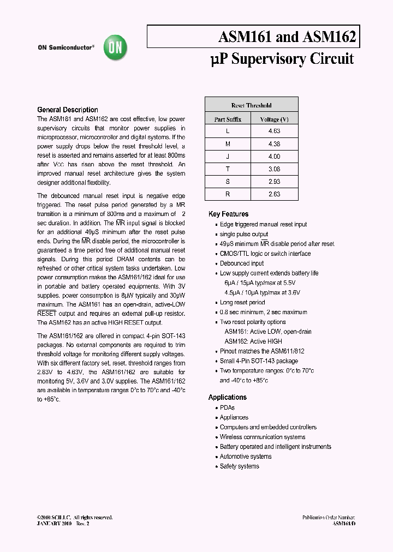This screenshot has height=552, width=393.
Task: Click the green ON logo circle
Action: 116,48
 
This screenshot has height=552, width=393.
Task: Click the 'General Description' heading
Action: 68,110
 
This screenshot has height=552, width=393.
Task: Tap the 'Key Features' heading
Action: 228,214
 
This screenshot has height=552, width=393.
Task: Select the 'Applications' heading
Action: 228,398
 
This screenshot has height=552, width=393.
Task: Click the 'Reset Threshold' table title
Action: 251,105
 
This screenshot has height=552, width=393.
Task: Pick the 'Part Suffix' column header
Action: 228,119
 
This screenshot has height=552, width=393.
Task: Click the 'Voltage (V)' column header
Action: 275,119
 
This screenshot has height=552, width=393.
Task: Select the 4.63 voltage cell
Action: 274,131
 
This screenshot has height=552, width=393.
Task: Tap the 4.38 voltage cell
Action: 274,144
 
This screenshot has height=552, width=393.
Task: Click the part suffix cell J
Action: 228,157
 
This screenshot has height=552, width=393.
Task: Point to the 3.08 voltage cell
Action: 274,169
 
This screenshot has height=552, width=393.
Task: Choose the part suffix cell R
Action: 228,194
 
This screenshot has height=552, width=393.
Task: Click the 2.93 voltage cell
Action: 274,182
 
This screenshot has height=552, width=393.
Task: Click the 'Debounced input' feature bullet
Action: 241,263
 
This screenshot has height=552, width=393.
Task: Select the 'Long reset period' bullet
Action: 242,303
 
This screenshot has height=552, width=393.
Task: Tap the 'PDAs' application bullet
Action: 227,408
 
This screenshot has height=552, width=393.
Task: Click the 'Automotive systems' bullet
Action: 245,457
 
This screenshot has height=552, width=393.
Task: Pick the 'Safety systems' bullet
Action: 239,466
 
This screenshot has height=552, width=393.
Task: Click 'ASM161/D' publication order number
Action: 344,523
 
